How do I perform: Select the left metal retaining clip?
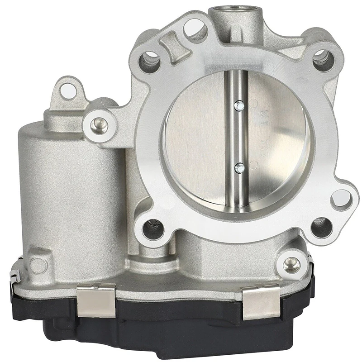[96, 299]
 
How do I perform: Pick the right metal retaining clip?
[261, 301]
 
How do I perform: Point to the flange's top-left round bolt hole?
[150, 59]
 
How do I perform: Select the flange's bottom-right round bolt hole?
[322, 226]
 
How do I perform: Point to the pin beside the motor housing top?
[99, 124]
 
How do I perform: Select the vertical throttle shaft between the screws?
[239, 136]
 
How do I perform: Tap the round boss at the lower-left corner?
[38, 265]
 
